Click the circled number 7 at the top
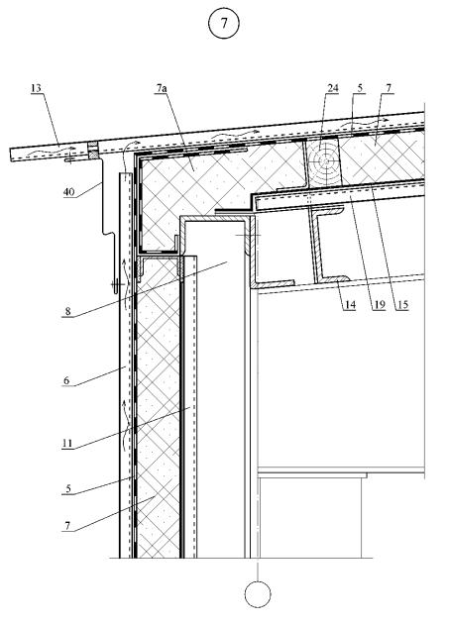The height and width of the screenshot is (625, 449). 224,23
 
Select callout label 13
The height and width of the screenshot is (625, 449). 36,88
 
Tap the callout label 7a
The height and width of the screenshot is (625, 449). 162,88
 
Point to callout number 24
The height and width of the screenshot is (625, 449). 333,88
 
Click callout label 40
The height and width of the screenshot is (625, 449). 68,192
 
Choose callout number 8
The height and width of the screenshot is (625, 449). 67,311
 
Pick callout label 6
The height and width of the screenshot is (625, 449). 66,380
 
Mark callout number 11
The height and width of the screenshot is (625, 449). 67,443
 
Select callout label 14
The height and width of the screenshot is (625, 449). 350,305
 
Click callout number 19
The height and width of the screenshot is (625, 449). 380,305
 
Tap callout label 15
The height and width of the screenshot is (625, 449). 402,305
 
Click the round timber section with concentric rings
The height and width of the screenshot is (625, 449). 325,161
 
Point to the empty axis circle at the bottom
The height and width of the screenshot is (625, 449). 258,594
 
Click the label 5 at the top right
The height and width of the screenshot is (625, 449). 360,88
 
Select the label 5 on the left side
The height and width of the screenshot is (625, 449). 68,489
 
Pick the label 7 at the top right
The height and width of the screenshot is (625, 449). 389,88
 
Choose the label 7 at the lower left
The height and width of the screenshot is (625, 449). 67,526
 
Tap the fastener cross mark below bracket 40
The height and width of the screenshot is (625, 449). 116,284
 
